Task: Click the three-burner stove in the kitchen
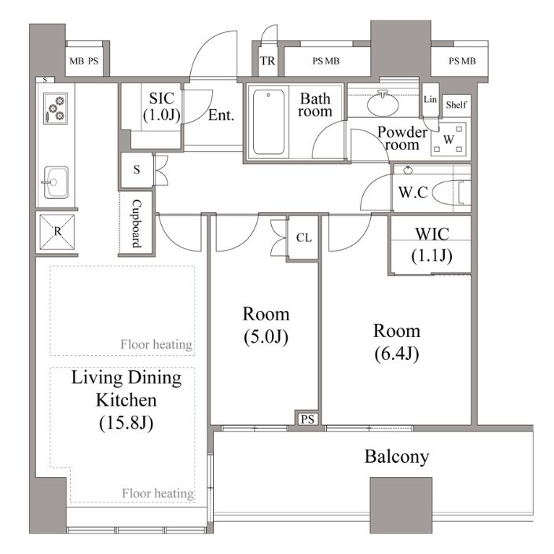(x=56, y=108)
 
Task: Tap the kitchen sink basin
(x=56, y=182)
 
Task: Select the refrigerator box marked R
(x=57, y=232)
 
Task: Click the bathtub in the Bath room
(x=269, y=122)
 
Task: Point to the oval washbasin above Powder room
(x=383, y=105)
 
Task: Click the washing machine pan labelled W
(x=449, y=139)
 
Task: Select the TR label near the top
(x=267, y=61)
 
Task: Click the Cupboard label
(x=137, y=224)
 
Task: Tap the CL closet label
(x=304, y=238)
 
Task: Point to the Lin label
(x=431, y=99)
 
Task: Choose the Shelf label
(x=456, y=105)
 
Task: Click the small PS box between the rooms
(x=307, y=419)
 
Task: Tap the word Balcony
(x=397, y=457)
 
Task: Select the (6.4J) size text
(x=397, y=354)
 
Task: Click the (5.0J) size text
(x=266, y=336)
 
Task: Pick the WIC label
(x=432, y=234)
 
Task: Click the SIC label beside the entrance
(x=161, y=98)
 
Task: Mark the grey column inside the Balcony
(x=401, y=505)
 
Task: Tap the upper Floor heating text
(x=156, y=344)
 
